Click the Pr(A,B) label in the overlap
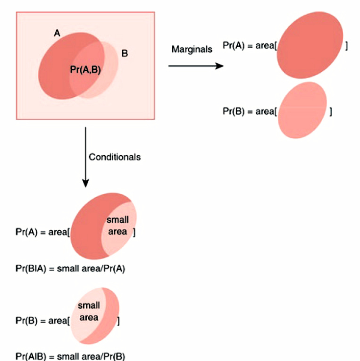pyautogui.click(x=85, y=70)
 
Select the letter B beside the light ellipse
pyautogui.click(x=125, y=53)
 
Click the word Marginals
pyautogui.click(x=192, y=49)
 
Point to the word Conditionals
pyautogui.click(x=115, y=157)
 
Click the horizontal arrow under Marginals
pyautogui.click(x=195, y=66)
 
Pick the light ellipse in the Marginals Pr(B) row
pyautogui.click(x=302, y=110)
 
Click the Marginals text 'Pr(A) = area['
pyautogui.click(x=249, y=46)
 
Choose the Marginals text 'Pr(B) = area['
pyautogui.click(x=249, y=112)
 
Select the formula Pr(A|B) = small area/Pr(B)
pyautogui.click(x=70, y=356)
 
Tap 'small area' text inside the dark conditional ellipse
pyautogui.click(x=117, y=226)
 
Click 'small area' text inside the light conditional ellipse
pyautogui.click(x=89, y=311)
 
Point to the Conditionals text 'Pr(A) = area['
pyautogui.click(x=42, y=233)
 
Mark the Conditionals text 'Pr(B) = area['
pyautogui.click(x=42, y=321)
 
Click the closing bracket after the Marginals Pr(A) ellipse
pyautogui.click(x=347, y=46)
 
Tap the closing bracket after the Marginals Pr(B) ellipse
pyautogui.click(x=330, y=112)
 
